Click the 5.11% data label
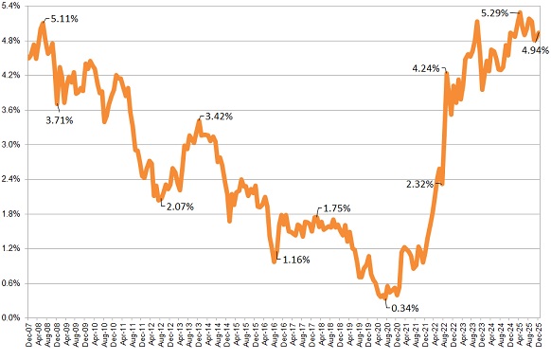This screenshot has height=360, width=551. [64, 19]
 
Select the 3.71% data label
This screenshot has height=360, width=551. [61, 119]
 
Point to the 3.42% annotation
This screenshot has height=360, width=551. [217, 117]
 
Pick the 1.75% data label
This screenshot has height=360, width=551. [337, 208]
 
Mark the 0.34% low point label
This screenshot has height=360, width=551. [404, 307]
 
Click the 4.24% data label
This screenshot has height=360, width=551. [426, 69]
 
